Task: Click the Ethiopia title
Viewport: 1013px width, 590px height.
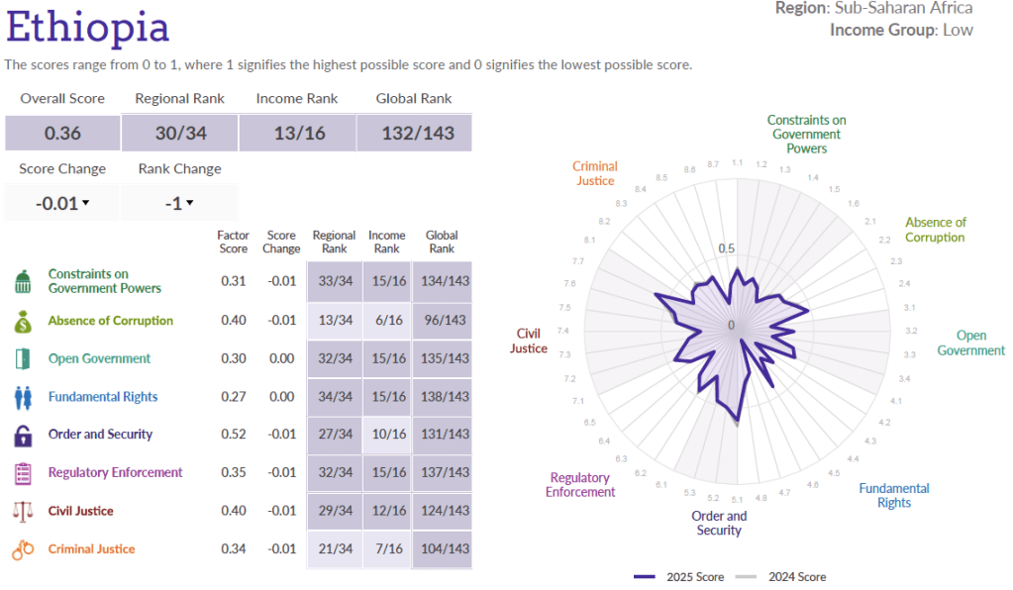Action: [x=87, y=27]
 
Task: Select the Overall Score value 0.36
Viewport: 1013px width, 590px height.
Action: [x=62, y=134]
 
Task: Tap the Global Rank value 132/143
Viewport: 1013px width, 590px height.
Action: [x=414, y=134]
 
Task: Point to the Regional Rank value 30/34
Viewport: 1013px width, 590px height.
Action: [x=179, y=134]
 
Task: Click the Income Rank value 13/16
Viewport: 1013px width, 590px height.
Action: [x=299, y=134]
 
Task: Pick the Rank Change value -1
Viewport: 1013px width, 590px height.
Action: [x=175, y=203]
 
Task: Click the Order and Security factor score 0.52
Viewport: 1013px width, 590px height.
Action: [x=234, y=435]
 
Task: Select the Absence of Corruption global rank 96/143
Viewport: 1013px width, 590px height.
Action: [x=442, y=321]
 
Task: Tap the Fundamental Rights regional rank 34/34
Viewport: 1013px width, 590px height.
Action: [x=334, y=397]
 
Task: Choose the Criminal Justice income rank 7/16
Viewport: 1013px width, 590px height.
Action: [x=386, y=549]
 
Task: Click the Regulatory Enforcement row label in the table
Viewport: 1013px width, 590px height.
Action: [x=115, y=473]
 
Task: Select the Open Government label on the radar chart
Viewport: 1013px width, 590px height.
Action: [x=970, y=344]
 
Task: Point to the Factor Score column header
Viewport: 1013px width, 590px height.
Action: [x=233, y=242]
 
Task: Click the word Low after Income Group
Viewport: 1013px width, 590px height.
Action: [x=958, y=30]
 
